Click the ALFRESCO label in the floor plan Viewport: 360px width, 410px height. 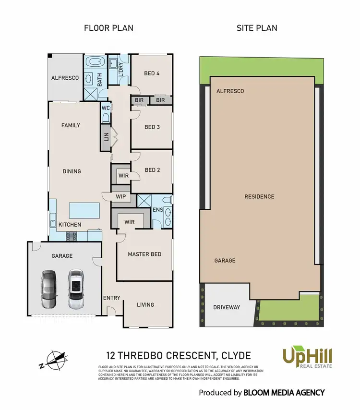point(65,78)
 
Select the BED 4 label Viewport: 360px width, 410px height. point(152,73)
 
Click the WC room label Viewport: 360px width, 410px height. point(106,108)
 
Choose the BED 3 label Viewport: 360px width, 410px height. point(152,127)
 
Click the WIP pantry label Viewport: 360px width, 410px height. point(120,196)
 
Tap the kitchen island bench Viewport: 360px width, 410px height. point(84,210)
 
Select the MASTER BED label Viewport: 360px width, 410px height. point(144,254)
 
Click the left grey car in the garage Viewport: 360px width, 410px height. point(48,289)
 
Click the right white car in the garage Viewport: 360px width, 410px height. point(75,289)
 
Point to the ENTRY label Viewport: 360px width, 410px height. point(111,298)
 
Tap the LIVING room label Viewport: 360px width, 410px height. point(145,304)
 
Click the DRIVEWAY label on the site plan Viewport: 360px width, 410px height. point(227,307)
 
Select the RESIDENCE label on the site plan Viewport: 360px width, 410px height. point(259,196)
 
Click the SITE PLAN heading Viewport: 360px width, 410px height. point(257,28)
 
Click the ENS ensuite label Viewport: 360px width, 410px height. point(157,209)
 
